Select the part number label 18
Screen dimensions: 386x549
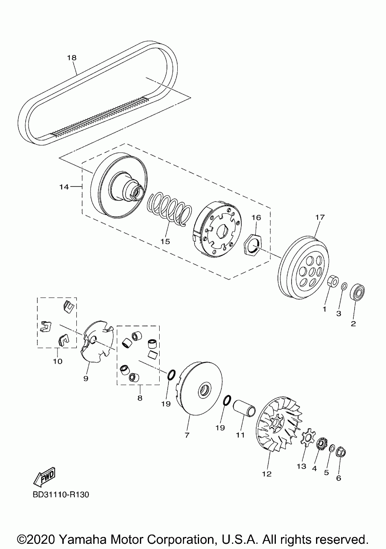pos(72,58)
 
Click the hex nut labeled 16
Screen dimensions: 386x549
pos(253,245)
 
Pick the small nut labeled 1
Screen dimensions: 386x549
pos(333,282)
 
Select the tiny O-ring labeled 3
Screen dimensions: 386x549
pos(344,286)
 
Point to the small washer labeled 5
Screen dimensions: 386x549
pos(332,448)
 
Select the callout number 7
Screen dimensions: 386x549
pos(187,435)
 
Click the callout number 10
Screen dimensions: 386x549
pos(57,361)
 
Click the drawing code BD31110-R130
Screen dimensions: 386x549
pos(61,494)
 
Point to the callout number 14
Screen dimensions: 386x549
pos(64,187)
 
